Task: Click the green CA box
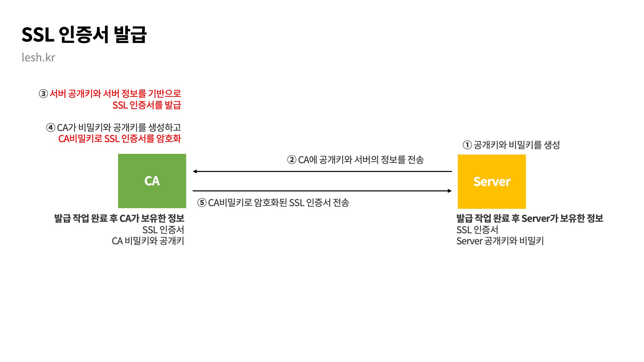(152, 181)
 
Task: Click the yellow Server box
(492, 182)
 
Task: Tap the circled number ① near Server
(467, 145)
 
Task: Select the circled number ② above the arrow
(291, 160)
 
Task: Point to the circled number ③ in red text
(43, 94)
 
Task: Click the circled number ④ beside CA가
(51, 128)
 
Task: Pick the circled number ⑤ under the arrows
(202, 203)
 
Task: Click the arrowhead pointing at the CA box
(195, 172)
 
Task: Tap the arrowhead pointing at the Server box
(450, 191)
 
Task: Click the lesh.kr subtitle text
(38, 58)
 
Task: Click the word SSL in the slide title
(38, 35)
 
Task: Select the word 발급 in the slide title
(130, 35)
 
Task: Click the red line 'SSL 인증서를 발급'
(147, 105)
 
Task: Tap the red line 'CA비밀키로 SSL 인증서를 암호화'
(119, 139)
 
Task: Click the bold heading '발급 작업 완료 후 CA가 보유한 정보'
(119, 219)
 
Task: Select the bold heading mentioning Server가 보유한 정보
(530, 219)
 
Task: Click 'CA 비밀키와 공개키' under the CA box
(148, 241)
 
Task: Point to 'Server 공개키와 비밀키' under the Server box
(500, 241)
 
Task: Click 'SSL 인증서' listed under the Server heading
(477, 230)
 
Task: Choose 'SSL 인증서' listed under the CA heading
(163, 230)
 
